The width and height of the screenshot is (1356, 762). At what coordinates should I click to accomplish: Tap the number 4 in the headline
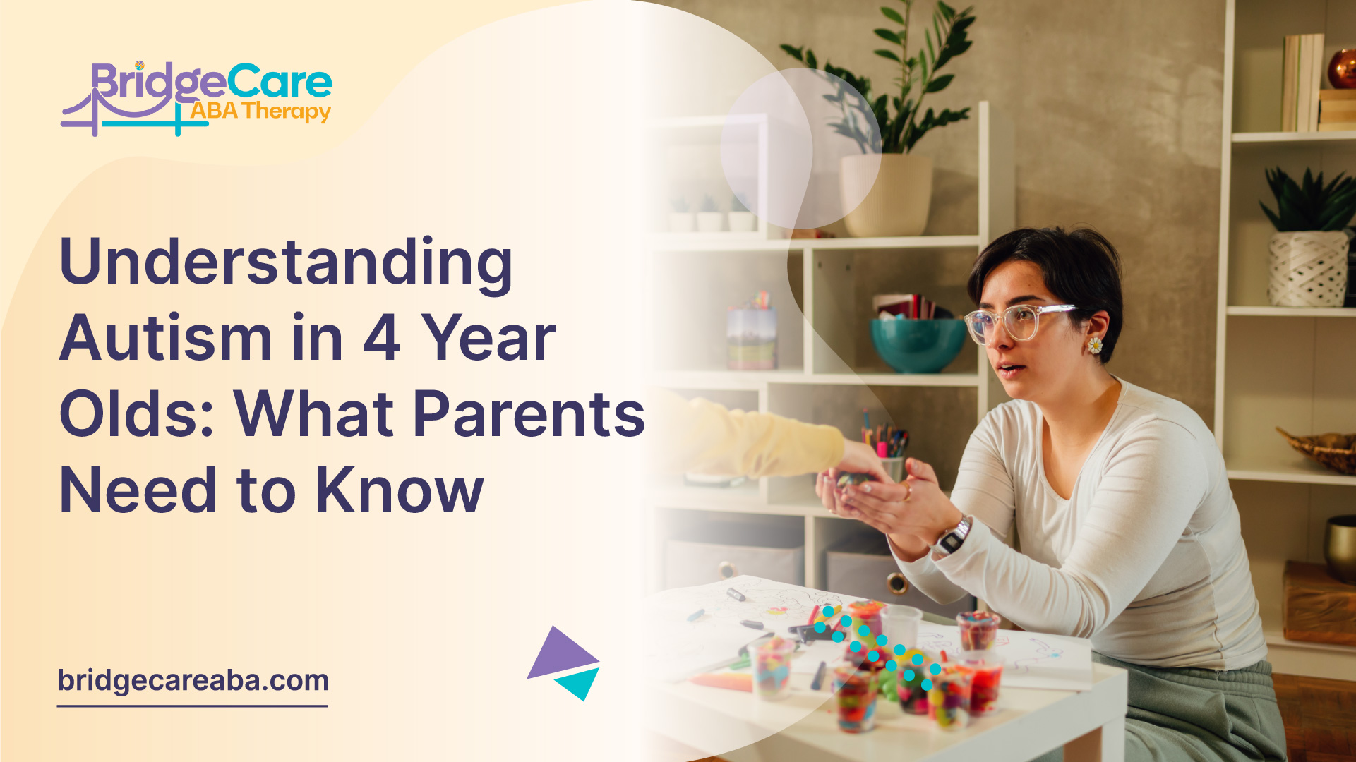(x=382, y=339)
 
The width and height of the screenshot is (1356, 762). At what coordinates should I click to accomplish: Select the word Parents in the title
(x=529, y=414)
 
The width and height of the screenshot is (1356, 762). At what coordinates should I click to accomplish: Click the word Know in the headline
(x=400, y=490)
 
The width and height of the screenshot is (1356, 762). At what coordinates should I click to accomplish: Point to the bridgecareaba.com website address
(x=193, y=681)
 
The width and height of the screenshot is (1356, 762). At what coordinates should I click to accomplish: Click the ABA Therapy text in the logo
(x=260, y=111)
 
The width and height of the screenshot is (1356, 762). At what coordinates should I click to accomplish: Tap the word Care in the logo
(x=280, y=83)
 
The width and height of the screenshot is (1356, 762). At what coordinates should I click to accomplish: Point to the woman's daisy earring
(x=1094, y=345)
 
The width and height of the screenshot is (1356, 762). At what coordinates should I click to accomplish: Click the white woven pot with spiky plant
(x=1308, y=268)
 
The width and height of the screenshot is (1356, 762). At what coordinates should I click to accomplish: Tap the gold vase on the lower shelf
(x=1340, y=547)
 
